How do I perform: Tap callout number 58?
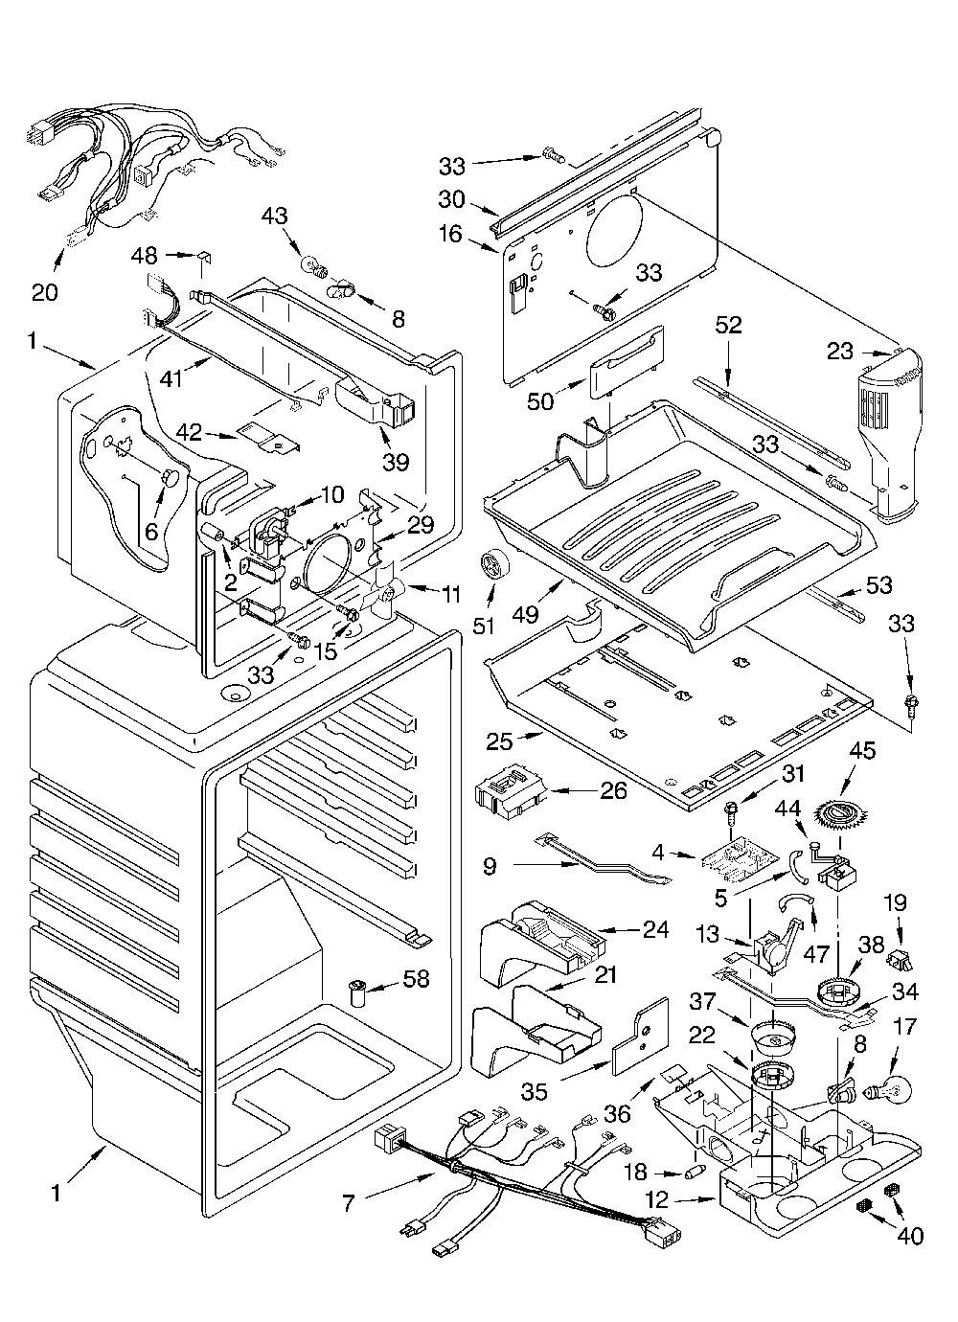point(415,979)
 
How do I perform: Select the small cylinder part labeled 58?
point(358,992)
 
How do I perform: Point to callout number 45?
point(862,751)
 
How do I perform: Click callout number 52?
point(728,325)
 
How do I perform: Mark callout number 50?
point(539,401)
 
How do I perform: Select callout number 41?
point(171,379)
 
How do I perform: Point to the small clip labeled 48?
point(204,258)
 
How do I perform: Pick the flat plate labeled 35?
point(642,1037)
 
